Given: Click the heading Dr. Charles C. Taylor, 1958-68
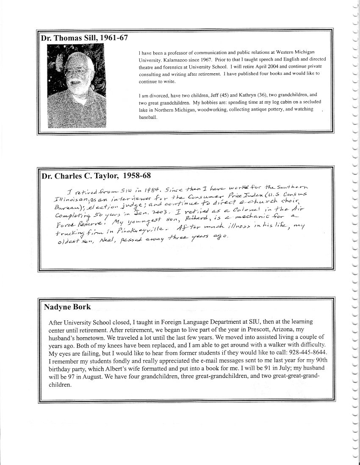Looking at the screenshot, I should (96, 175).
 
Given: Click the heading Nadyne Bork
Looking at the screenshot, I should (67, 307).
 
